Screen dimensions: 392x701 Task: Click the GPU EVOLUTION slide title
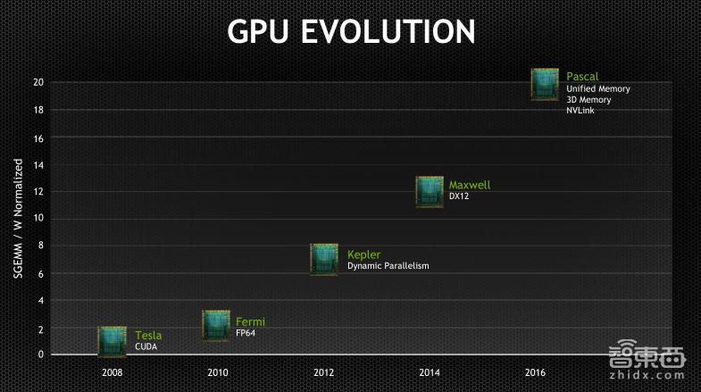pyautogui.click(x=350, y=31)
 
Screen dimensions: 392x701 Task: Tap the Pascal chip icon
pyautogui.click(x=545, y=84)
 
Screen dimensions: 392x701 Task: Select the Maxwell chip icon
pyautogui.click(x=430, y=192)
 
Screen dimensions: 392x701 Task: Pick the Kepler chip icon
pyautogui.click(x=324, y=259)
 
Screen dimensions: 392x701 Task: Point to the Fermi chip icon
pyautogui.click(x=216, y=325)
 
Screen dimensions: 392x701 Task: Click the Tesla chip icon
pyautogui.click(x=112, y=341)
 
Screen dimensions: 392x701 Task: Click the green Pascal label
pyautogui.click(x=582, y=77)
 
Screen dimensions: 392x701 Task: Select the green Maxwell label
pyautogui.click(x=469, y=185)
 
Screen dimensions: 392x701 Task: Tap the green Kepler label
pyautogui.click(x=363, y=254)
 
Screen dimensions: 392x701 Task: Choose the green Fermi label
pyautogui.click(x=250, y=321)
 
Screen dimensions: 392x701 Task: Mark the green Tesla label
pyautogui.click(x=148, y=336)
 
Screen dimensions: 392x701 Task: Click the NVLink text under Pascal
pyautogui.click(x=580, y=111)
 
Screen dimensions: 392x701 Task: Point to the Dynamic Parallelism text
pyautogui.click(x=388, y=266)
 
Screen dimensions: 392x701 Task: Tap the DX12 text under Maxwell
pyautogui.click(x=458, y=196)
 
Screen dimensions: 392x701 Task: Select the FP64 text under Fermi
pyautogui.click(x=246, y=333)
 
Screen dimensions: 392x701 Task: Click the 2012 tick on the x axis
pyautogui.click(x=323, y=371)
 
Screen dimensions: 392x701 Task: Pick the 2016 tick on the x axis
pyautogui.click(x=535, y=371)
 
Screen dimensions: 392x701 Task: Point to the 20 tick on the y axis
pyautogui.click(x=38, y=82)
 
